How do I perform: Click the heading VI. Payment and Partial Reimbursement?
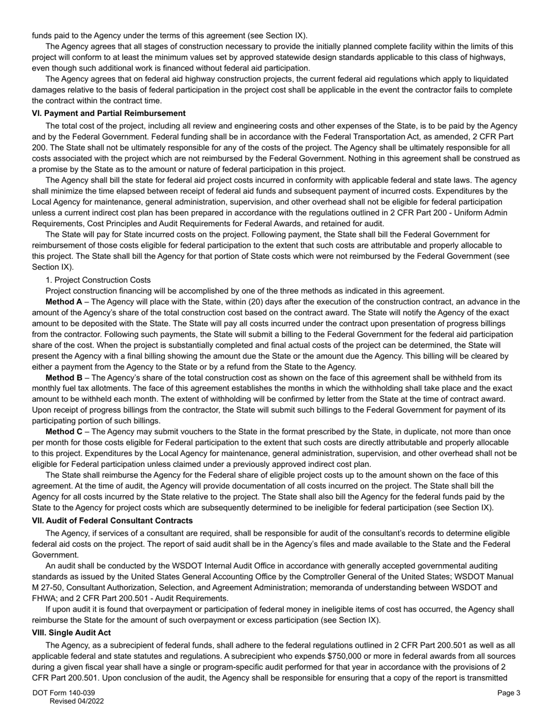tap(109, 113)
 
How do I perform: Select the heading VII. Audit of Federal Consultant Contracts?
tap(112, 520)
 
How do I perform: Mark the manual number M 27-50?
tap(48, 588)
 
